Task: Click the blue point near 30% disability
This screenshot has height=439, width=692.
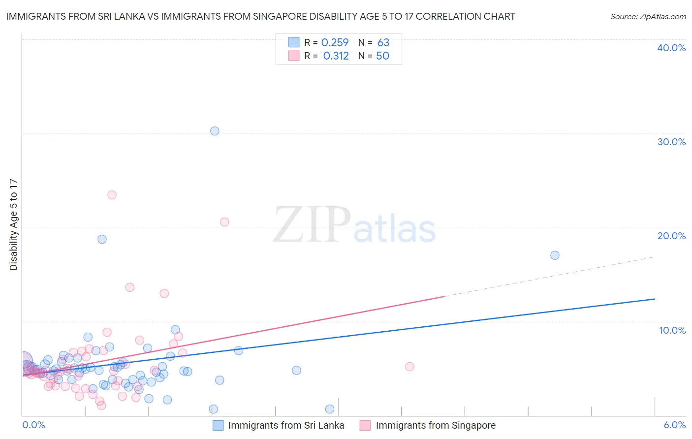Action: tap(215, 131)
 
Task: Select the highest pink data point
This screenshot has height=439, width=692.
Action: tap(112, 195)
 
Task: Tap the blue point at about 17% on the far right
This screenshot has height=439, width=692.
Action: tap(555, 255)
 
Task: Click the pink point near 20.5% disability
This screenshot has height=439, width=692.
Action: tap(224, 222)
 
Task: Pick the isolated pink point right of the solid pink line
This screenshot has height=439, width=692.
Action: tap(409, 367)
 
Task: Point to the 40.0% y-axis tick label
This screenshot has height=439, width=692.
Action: tap(671, 48)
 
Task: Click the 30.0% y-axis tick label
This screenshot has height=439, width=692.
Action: tap(671, 142)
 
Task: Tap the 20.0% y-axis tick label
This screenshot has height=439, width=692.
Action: tap(671, 236)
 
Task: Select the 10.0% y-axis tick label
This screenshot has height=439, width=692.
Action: tap(672, 330)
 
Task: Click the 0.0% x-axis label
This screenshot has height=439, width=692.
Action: tap(33, 425)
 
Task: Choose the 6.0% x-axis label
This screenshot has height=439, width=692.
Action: tap(675, 425)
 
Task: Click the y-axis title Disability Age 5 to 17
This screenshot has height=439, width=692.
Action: tap(14, 224)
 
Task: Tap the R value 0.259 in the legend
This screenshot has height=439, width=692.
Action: tap(335, 43)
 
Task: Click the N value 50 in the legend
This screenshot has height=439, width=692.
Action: tap(382, 56)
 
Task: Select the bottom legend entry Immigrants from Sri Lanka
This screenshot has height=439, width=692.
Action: tap(286, 426)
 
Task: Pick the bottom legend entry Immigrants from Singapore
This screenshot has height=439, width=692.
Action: tap(436, 426)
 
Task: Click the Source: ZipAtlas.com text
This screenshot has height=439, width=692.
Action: tap(648, 17)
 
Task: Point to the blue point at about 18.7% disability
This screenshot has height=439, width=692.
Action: tap(102, 239)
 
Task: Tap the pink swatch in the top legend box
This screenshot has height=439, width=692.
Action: tap(294, 56)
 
